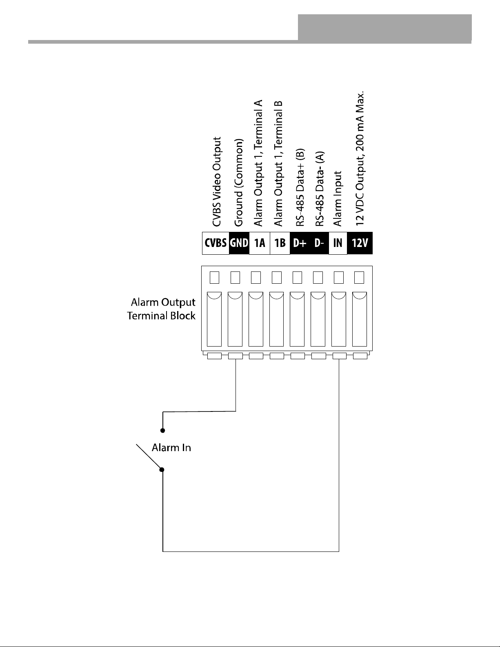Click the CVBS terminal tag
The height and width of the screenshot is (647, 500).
point(216,243)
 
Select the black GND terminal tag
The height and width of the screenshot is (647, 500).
point(239,243)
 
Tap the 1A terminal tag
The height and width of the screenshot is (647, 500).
point(260,243)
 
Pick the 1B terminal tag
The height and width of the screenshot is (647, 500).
point(280,243)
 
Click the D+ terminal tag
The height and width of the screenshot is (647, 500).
point(300,243)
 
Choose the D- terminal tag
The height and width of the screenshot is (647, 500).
point(319,243)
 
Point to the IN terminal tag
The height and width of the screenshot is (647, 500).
point(338,243)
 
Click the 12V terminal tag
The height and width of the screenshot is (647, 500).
point(360,243)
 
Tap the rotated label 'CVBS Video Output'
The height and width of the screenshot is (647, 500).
point(217,182)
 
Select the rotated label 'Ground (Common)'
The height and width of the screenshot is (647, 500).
point(238,182)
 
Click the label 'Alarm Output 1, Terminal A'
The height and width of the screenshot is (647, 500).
point(258,163)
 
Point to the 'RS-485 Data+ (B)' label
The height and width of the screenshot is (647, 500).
point(300,187)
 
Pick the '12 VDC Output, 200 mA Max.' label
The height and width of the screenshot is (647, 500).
point(360,158)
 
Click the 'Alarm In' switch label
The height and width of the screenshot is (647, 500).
point(171,448)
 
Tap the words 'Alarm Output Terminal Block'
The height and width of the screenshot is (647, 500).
point(161,309)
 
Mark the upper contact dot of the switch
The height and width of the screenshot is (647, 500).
point(162,431)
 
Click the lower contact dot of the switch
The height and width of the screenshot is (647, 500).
point(162,470)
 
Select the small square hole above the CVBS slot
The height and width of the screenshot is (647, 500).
point(214,278)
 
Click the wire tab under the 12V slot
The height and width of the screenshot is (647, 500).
point(360,356)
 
